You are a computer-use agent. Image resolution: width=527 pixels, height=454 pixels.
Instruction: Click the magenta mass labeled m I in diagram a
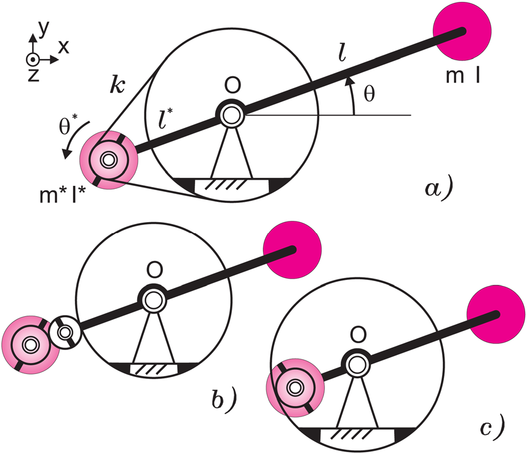462,31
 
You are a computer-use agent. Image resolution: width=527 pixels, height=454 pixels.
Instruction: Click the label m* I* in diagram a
63,194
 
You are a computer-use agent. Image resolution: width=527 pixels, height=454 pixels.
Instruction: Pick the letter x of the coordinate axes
63,47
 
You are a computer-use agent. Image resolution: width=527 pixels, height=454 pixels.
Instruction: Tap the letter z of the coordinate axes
34,74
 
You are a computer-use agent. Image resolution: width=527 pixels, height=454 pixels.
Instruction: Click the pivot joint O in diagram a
232,115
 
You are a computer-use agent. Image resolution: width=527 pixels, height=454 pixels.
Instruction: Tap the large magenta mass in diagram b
293,250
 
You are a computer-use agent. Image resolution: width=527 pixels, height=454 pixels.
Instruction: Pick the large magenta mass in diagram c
496,314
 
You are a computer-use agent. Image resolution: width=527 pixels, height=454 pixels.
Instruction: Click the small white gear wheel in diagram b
65,332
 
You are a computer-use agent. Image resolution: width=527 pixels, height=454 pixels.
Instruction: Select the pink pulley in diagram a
109,160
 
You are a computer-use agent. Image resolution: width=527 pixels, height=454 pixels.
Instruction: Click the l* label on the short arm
165,119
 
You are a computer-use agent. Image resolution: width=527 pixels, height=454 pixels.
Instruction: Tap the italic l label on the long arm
342,53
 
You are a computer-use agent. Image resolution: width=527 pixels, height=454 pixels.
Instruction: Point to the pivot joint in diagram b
153,299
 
